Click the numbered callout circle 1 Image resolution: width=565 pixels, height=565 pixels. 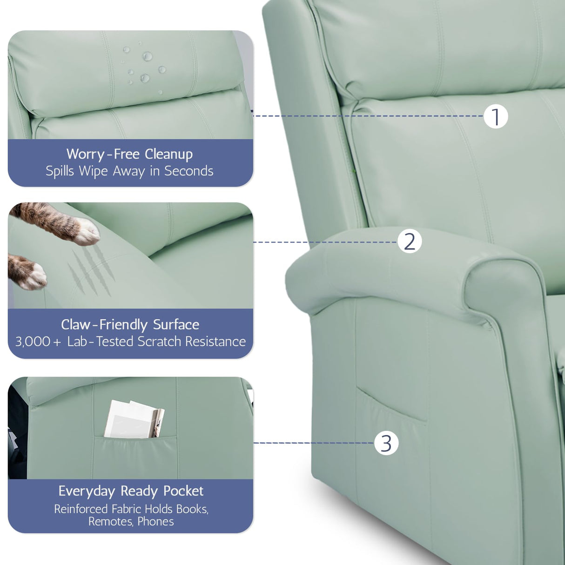click(x=495, y=116)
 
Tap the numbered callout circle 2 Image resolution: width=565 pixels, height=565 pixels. click(x=410, y=242)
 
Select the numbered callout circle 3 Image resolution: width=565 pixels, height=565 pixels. click(x=386, y=443)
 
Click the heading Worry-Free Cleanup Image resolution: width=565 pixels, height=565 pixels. click(x=129, y=154)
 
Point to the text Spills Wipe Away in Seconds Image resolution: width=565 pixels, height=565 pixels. click(x=129, y=171)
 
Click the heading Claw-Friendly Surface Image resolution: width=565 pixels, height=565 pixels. click(x=130, y=324)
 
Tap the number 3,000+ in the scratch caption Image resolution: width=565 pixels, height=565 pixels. click(x=38, y=342)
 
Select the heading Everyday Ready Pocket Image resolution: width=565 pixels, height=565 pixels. click(x=131, y=491)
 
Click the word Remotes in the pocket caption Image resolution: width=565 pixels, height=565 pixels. click(x=110, y=522)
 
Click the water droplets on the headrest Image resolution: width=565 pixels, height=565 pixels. click(x=144, y=67)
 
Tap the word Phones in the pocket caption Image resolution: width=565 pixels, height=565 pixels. click(x=155, y=522)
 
